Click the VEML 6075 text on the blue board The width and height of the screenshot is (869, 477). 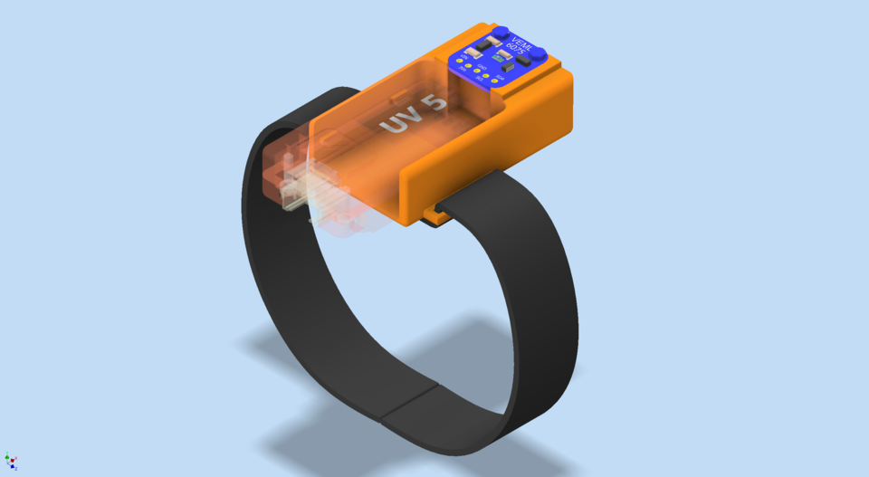[x=520, y=46]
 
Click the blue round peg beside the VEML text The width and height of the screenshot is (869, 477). [x=501, y=32]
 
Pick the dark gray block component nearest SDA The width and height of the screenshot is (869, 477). [x=508, y=67]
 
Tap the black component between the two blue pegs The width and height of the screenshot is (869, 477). [x=522, y=60]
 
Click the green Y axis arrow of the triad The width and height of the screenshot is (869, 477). [x=7, y=457]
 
